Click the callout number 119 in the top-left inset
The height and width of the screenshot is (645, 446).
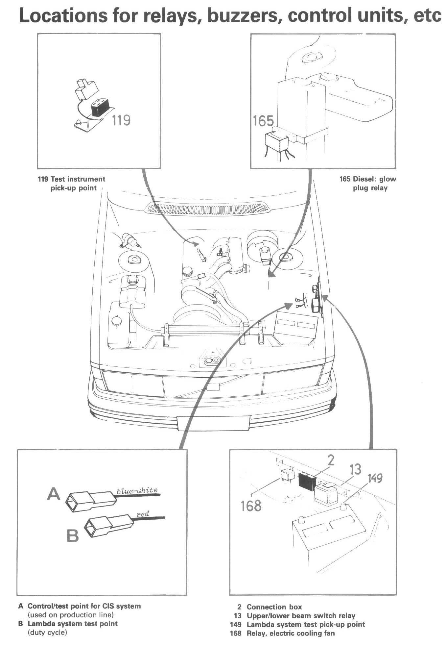point(121,120)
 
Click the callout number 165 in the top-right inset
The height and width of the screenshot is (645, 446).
point(263,121)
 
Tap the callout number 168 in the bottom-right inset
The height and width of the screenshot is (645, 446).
point(251,506)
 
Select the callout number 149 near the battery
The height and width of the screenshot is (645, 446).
point(375,478)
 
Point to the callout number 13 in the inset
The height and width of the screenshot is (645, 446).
point(355,469)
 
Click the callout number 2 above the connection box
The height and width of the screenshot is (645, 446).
point(331,460)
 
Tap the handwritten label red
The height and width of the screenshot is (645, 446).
point(142,514)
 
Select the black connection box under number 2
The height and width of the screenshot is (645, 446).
point(307,482)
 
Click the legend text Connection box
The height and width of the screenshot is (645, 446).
point(274,607)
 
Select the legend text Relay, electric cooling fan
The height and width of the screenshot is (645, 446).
point(291,633)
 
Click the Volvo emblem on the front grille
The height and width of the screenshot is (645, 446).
point(214,386)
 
